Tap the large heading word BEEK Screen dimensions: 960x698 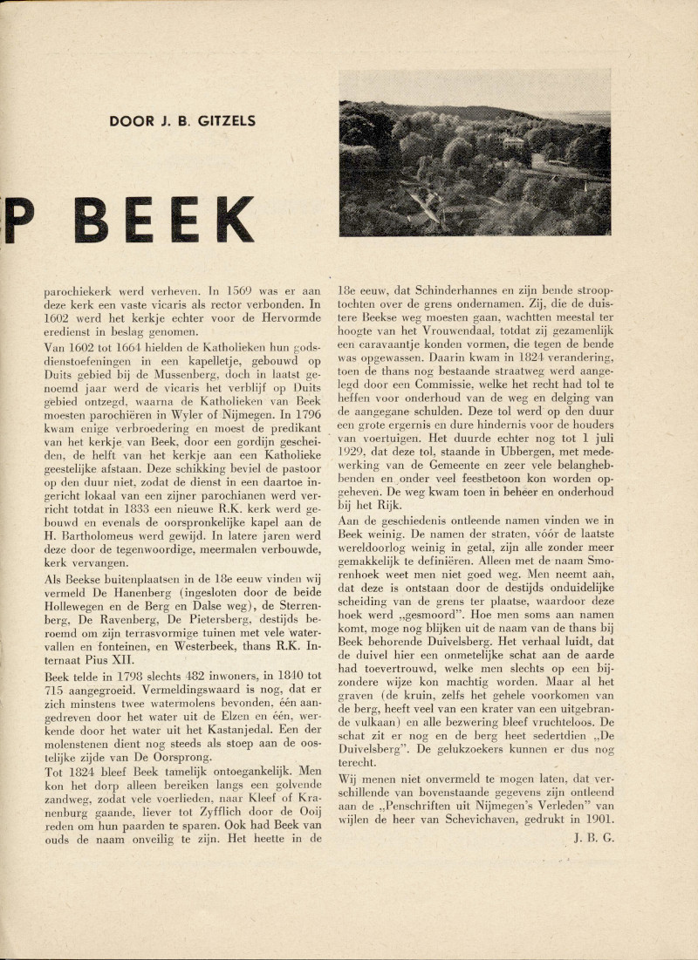point(166,221)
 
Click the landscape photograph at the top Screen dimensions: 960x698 point(475,168)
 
